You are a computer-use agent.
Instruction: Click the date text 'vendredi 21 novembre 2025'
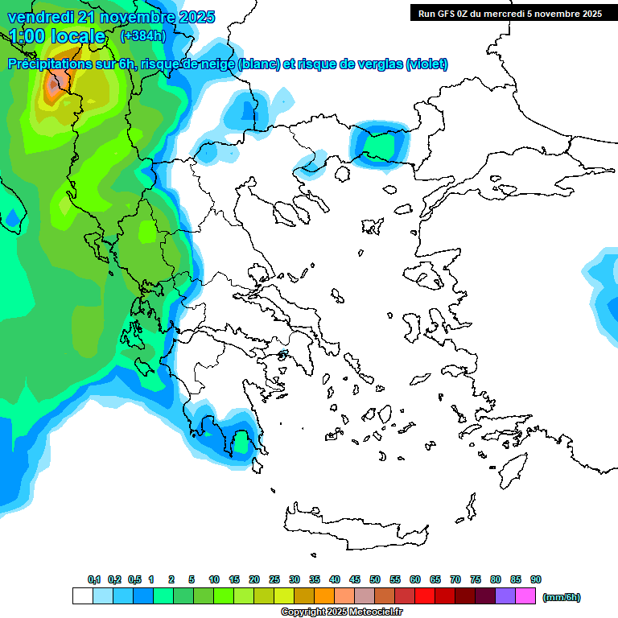[111, 17]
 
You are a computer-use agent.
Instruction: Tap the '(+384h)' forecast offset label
[142, 35]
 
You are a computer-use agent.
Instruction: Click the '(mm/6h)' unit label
[562, 597]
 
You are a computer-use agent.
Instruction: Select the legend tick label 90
[536, 579]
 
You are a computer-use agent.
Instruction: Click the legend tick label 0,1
[94, 579]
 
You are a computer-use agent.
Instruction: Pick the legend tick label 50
[375, 579]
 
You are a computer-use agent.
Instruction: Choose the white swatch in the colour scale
[82, 595]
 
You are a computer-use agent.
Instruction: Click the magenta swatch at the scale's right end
[525, 595]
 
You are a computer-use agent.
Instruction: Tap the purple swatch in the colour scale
[505, 595]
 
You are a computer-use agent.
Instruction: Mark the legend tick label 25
[274, 579]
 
